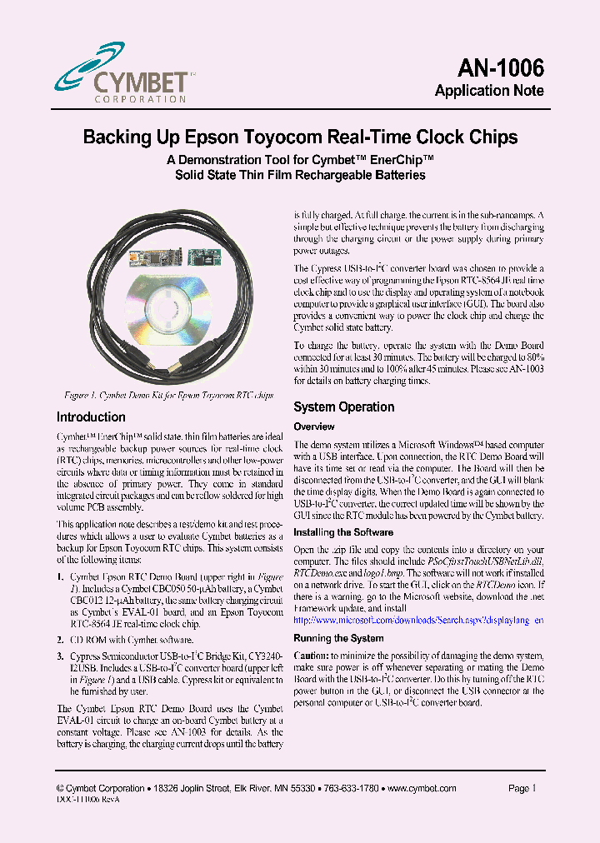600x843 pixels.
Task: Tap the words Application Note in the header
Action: (x=489, y=91)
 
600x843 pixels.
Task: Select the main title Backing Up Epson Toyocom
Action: (x=300, y=137)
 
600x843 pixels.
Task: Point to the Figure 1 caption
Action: (x=168, y=396)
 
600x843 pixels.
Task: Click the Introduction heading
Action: (x=91, y=417)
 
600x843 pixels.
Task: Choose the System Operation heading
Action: (x=343, y=407)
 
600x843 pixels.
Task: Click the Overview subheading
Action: (x=313, y=426)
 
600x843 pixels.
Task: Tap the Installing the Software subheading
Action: (x=343, y=532)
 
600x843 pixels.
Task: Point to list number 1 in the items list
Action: (x=59, y=576)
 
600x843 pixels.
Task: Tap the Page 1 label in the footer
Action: (x=522, y=788)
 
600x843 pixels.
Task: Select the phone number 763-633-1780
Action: (x=350, y=788)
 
